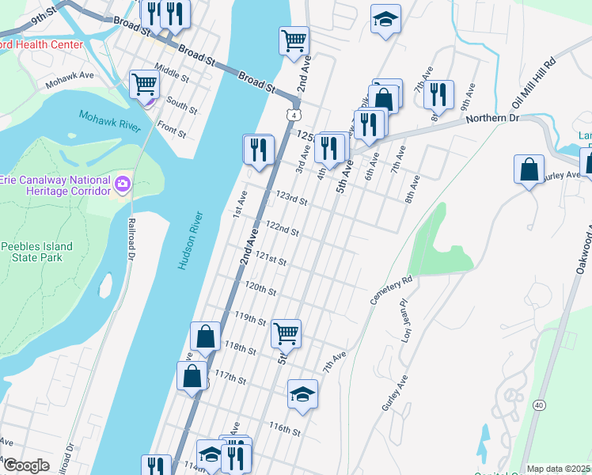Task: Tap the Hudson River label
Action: coord(191,241)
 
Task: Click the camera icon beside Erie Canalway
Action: coord(122,184)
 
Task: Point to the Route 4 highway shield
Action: coord(293,116)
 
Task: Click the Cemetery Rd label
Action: coord(392,291)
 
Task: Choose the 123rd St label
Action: coord(291,196)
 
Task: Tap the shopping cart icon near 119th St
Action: coord(286,333)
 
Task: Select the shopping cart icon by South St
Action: coord(145,84)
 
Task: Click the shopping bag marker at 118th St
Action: coord(206,336)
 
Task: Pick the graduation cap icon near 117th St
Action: coord(302,394)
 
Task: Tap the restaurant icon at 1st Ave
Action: coord(258,149)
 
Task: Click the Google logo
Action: coord(26,465)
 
